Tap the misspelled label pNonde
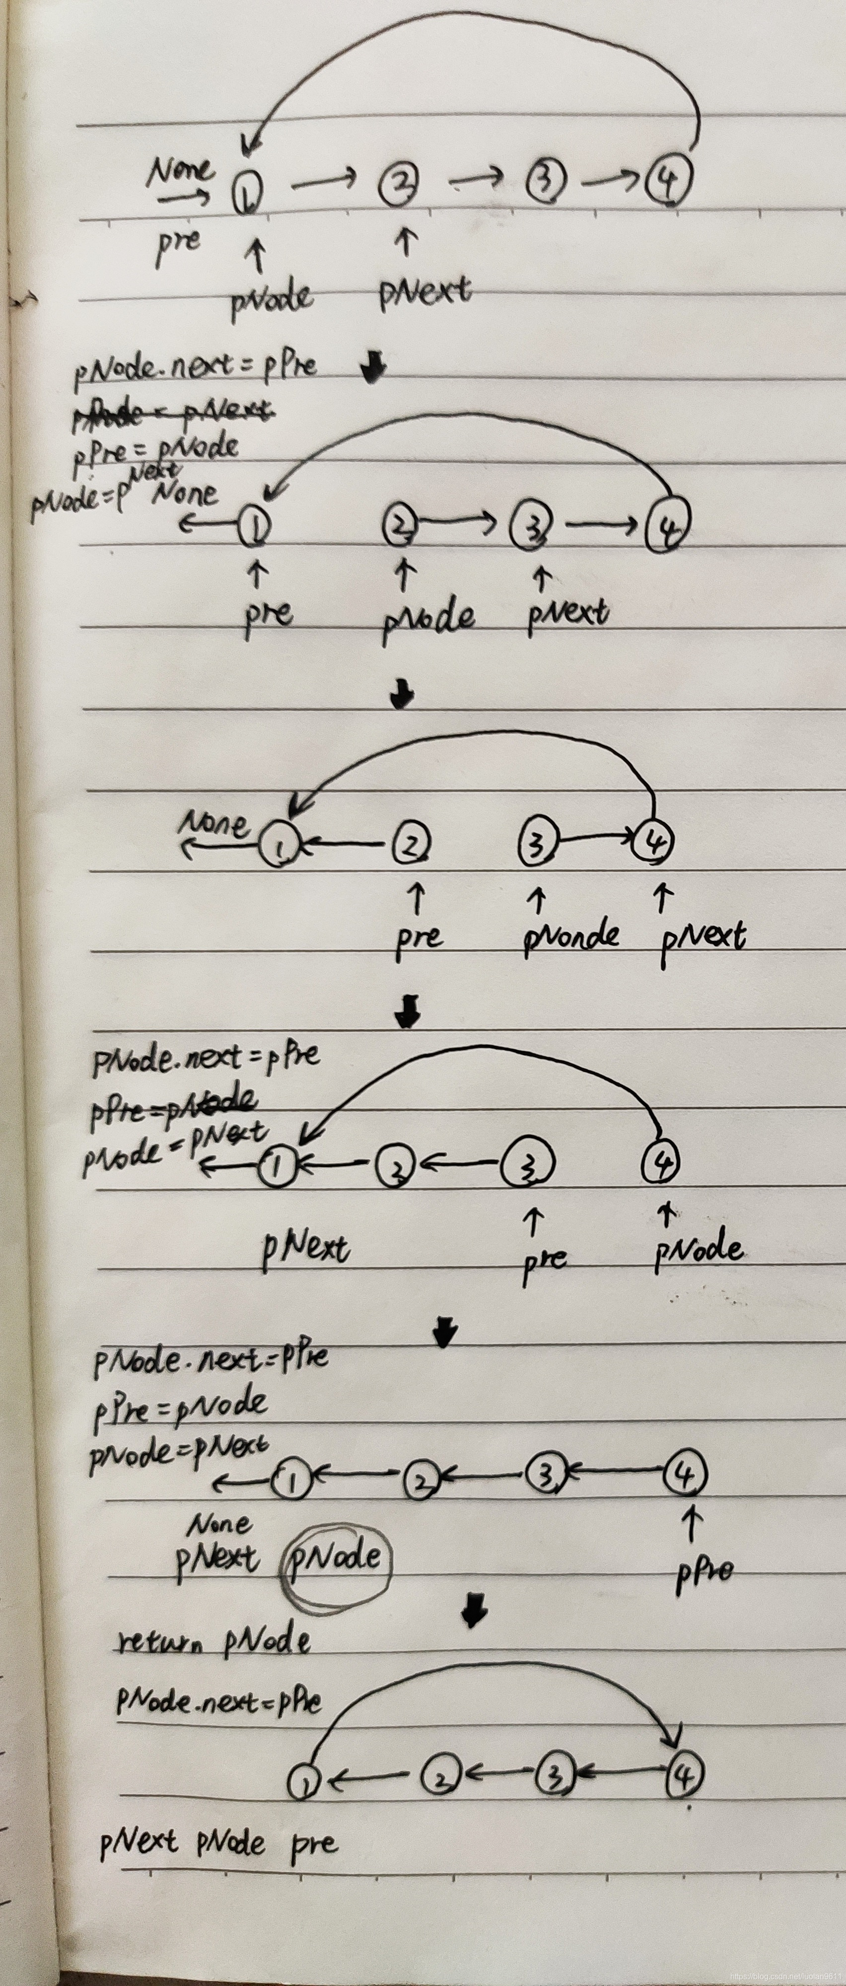(570, 935)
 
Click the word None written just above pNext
(220, 1524)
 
